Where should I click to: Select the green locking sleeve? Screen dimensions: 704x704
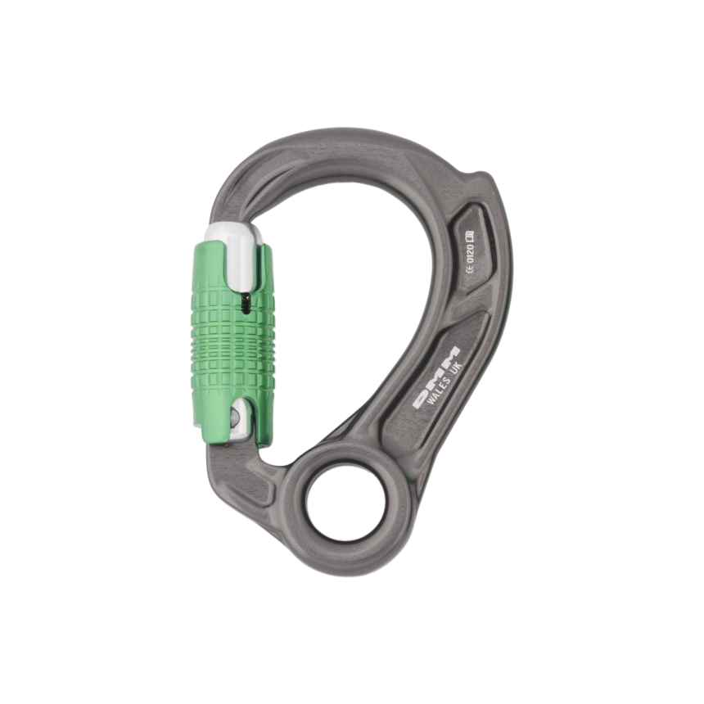(x=233, y=344)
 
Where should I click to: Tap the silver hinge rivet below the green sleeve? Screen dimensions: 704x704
(x=236, y=418)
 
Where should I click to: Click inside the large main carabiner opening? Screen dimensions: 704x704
(x=352, y=311)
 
